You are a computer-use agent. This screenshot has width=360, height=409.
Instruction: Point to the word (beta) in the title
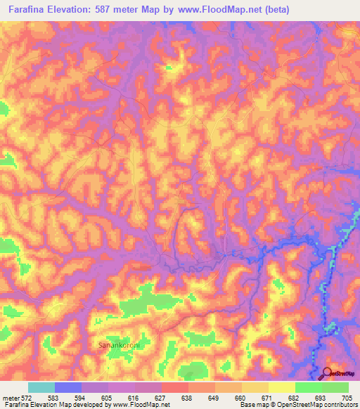click(274, 11)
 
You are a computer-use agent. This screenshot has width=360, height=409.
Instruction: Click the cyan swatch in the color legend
click(41, 387)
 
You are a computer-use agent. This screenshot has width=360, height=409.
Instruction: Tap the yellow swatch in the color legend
click(282, 387)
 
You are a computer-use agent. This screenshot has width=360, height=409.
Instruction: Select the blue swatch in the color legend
click(68, 387)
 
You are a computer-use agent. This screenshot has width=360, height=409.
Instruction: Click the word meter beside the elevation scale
click(11, 398)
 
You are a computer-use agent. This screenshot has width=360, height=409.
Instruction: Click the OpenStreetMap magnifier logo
click(328, 373)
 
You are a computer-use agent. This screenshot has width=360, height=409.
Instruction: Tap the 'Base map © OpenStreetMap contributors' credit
click(298, 405)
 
